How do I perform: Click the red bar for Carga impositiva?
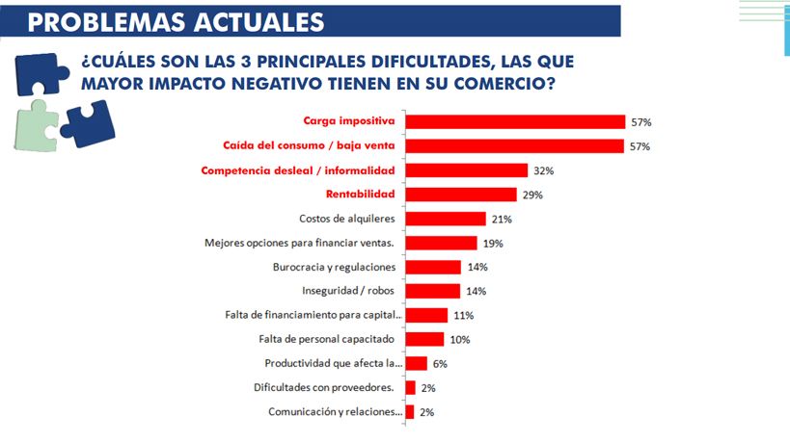[515, 122]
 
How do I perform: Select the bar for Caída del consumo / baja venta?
[515, 146]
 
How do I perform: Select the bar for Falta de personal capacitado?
[424, 339]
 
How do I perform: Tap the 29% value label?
[532, 195]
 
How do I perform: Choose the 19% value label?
[494, 244]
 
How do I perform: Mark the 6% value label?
[440, 364]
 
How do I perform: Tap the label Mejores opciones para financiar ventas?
[305, 243]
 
